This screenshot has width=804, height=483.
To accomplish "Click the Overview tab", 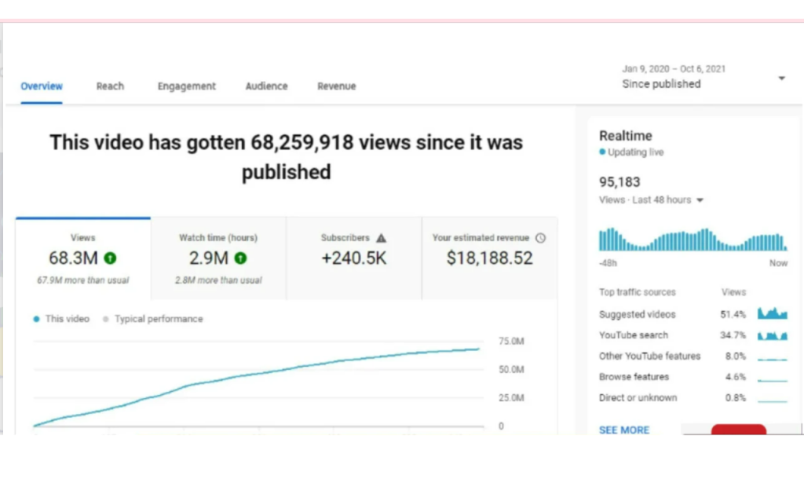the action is coord(42,86).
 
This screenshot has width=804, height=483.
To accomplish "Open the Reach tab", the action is coord(110,86).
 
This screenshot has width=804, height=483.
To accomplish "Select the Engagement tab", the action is coord(187,86).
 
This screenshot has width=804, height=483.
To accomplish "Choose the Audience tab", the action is coord(267,86).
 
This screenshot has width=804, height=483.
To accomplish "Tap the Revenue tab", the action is coord(336,86).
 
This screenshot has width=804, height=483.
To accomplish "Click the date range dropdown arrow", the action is coord(781,79).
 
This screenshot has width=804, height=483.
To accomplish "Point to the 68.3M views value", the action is coord(73,258).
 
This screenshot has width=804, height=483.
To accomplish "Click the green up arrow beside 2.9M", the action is coord(240,258).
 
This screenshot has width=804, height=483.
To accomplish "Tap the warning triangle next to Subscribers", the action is coord(381,238).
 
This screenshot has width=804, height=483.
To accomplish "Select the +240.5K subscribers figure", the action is coord(354,258).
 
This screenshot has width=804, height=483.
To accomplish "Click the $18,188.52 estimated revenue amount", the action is coord(490,258).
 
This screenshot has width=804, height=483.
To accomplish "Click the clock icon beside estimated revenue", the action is coord(540,238).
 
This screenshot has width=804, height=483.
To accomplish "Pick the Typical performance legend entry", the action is coord(153,319).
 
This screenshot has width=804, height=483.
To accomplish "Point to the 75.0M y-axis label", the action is coord(511,342).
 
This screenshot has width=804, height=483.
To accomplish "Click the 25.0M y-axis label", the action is coord(511,398).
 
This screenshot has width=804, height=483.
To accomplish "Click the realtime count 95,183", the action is coord(619,182).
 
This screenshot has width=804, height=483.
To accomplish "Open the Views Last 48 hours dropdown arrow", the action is coord(700,200).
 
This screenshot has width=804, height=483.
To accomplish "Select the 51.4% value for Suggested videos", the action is coord(733,314).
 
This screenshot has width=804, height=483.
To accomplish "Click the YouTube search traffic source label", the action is coord(634,335).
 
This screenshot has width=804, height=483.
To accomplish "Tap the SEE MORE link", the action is coord(624,430).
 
